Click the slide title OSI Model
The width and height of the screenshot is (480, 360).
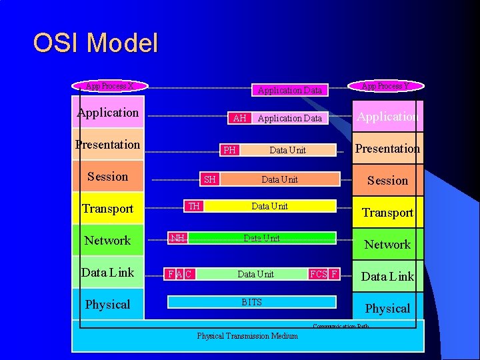pos(95,43)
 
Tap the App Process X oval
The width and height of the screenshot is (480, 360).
pos(110,86)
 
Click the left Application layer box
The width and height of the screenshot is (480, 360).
pos(108,113)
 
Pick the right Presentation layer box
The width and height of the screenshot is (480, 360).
pos(387,148)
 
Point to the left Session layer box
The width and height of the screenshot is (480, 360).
pos(108,177)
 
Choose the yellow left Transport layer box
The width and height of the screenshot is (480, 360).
pos(108,209)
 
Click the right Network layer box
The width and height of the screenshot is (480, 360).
pos(387,245)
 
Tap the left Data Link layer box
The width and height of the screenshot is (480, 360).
pos(108,272)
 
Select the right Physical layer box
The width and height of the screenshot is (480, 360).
pos(387,308)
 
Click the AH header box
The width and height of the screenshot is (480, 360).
pos(240,118)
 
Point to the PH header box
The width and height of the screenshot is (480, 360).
pos(229,150)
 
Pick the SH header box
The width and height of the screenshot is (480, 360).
pos(210,179)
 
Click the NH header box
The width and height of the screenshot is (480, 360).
pos(177,238)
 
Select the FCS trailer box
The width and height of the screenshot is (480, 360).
pos(318,274)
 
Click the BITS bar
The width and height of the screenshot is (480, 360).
pos(252,302)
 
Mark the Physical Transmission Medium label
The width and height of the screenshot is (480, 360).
pos(247,336)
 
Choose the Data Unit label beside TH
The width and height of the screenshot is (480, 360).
pos(269,206)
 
